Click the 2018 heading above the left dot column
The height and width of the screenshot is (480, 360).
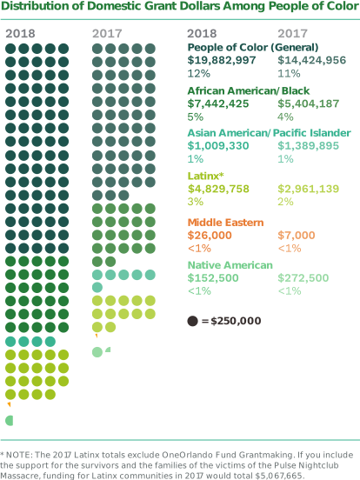[x=21, y=33]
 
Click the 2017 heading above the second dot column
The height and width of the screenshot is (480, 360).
[x=108, y=33]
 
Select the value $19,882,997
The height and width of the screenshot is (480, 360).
[x=221, y=60]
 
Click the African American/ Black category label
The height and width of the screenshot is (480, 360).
[x=237, y=90]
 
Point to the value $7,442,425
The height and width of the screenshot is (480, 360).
[x=217, y=103]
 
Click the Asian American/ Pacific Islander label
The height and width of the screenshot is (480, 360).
[x=269, y=133]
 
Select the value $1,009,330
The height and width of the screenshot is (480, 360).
[x=217, y=145]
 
